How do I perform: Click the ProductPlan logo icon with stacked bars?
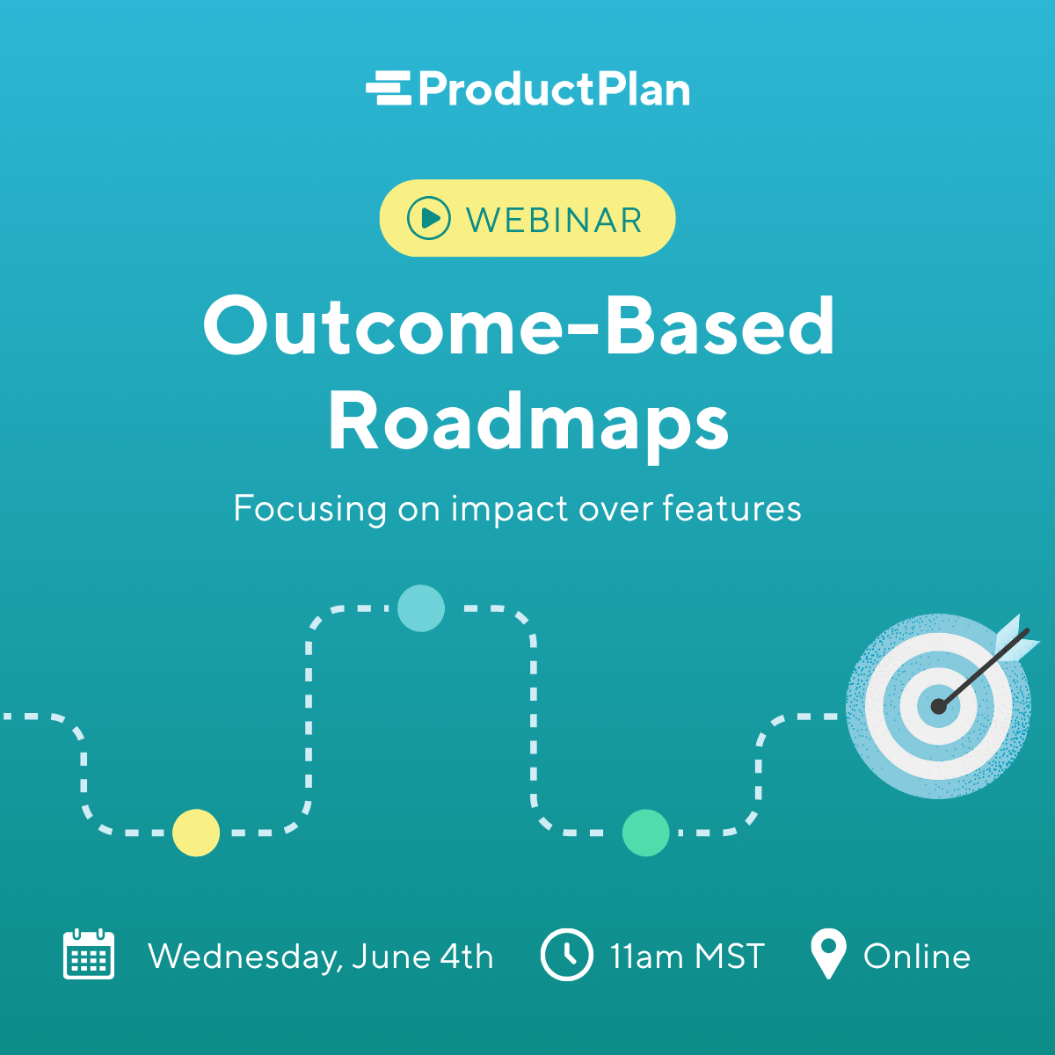point(389,89)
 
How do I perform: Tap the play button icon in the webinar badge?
point(429,217)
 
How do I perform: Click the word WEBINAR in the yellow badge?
point(555,220)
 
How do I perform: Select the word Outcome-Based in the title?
point(519,326)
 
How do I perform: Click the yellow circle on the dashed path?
point(196,832)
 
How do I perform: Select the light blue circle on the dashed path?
point(421,608)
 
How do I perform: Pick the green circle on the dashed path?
point(646,833)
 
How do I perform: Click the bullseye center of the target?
point(939,706)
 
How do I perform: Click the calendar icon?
point(89,955)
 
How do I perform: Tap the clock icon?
point(566,955)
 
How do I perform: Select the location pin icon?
point(827,953)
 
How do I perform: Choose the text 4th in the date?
point(467,956)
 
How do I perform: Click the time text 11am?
point(647,956)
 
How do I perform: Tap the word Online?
point(917,956)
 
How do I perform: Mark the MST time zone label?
point(730,956)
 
